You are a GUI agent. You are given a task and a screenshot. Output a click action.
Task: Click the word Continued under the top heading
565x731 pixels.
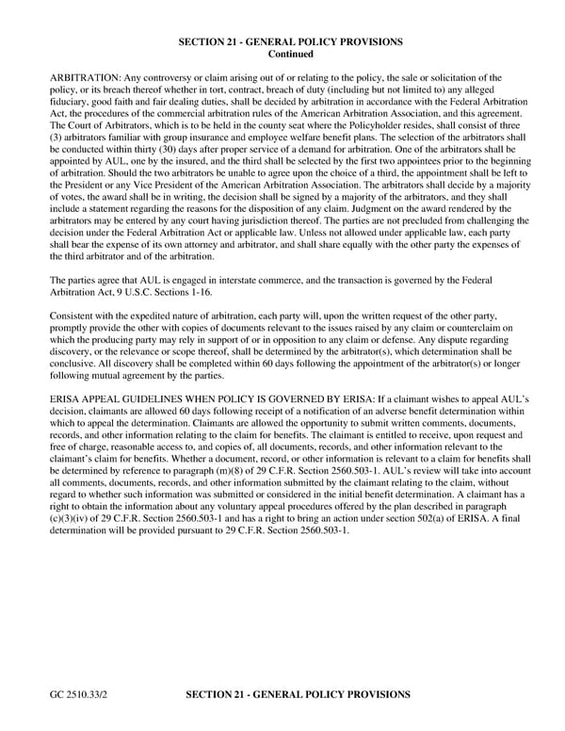coord(291,55)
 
